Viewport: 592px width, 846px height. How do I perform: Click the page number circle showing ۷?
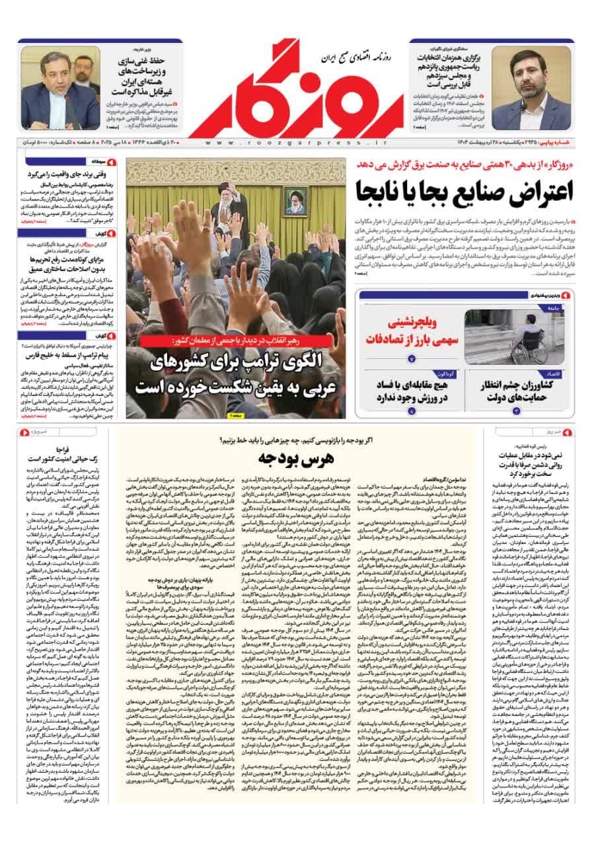tap(412, 359)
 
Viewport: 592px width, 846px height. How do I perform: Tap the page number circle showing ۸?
tap(412, 411)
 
